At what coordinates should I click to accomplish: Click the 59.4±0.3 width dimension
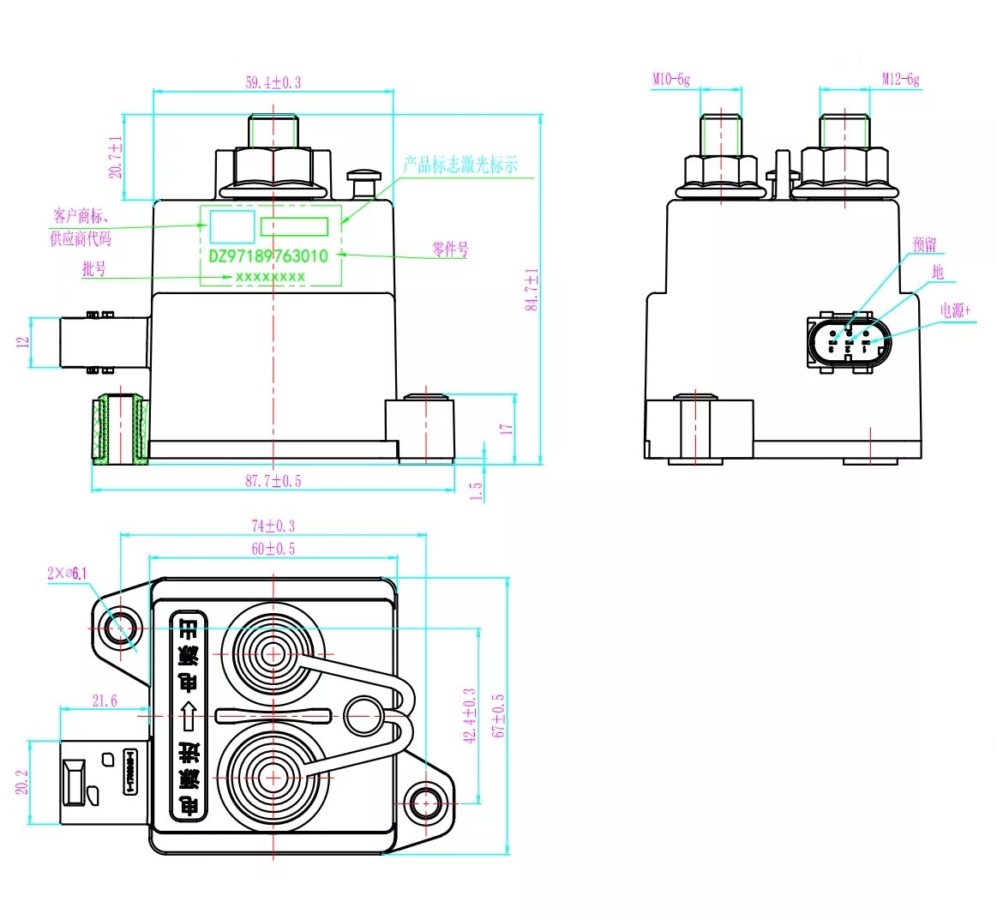tap(273, 83)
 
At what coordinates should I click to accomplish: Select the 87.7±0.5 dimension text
tap(273, 481)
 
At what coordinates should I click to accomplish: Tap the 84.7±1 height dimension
tap(532, 289)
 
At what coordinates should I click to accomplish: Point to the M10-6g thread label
tap(670, 80)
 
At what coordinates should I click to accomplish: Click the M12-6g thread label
tap(900, 80)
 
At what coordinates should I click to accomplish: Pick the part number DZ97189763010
tap(268, 256)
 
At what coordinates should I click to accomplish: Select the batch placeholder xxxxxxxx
tap(270, 277)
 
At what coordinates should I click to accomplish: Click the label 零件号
tap(450, 250)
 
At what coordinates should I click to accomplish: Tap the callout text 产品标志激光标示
tap(460, 165)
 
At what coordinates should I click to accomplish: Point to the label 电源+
tap(956, 310)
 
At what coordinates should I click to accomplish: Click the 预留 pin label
tap(924, 245)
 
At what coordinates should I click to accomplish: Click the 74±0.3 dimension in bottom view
tap(273, 526)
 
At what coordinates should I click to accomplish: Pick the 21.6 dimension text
tap(105, 701)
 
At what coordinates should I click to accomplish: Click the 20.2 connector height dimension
tap(23, 781)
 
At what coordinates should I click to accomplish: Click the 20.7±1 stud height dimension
tap(116, 157)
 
